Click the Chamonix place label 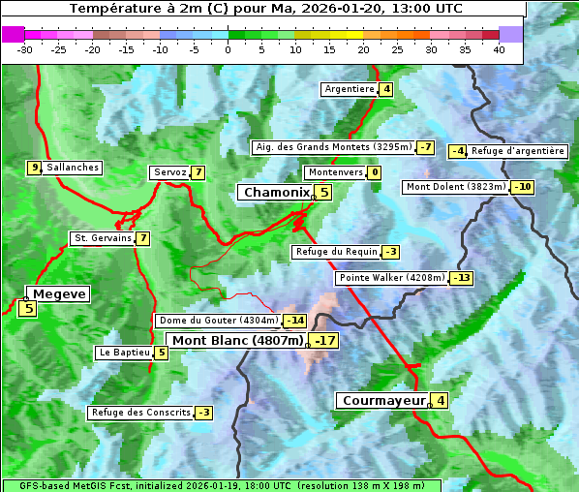pos(276,193)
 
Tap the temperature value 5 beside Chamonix pos(324,193)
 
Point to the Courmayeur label pos(384,400)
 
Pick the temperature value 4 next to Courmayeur pos(441,400)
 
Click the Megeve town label pos(59,293)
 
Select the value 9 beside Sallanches pos(35,168)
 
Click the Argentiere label pos(350,89)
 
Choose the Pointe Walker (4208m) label pos(392,278)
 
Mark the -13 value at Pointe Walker pos(461,278)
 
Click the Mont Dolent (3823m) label pos(456,187)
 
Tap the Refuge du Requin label pos(336,252)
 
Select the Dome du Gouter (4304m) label pos(219,321)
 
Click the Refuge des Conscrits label pos(140,413)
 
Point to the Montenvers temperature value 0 pos(375,172)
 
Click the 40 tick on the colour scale pos(499,49)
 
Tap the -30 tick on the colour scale pos(25,49)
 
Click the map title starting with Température pos(265,9)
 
